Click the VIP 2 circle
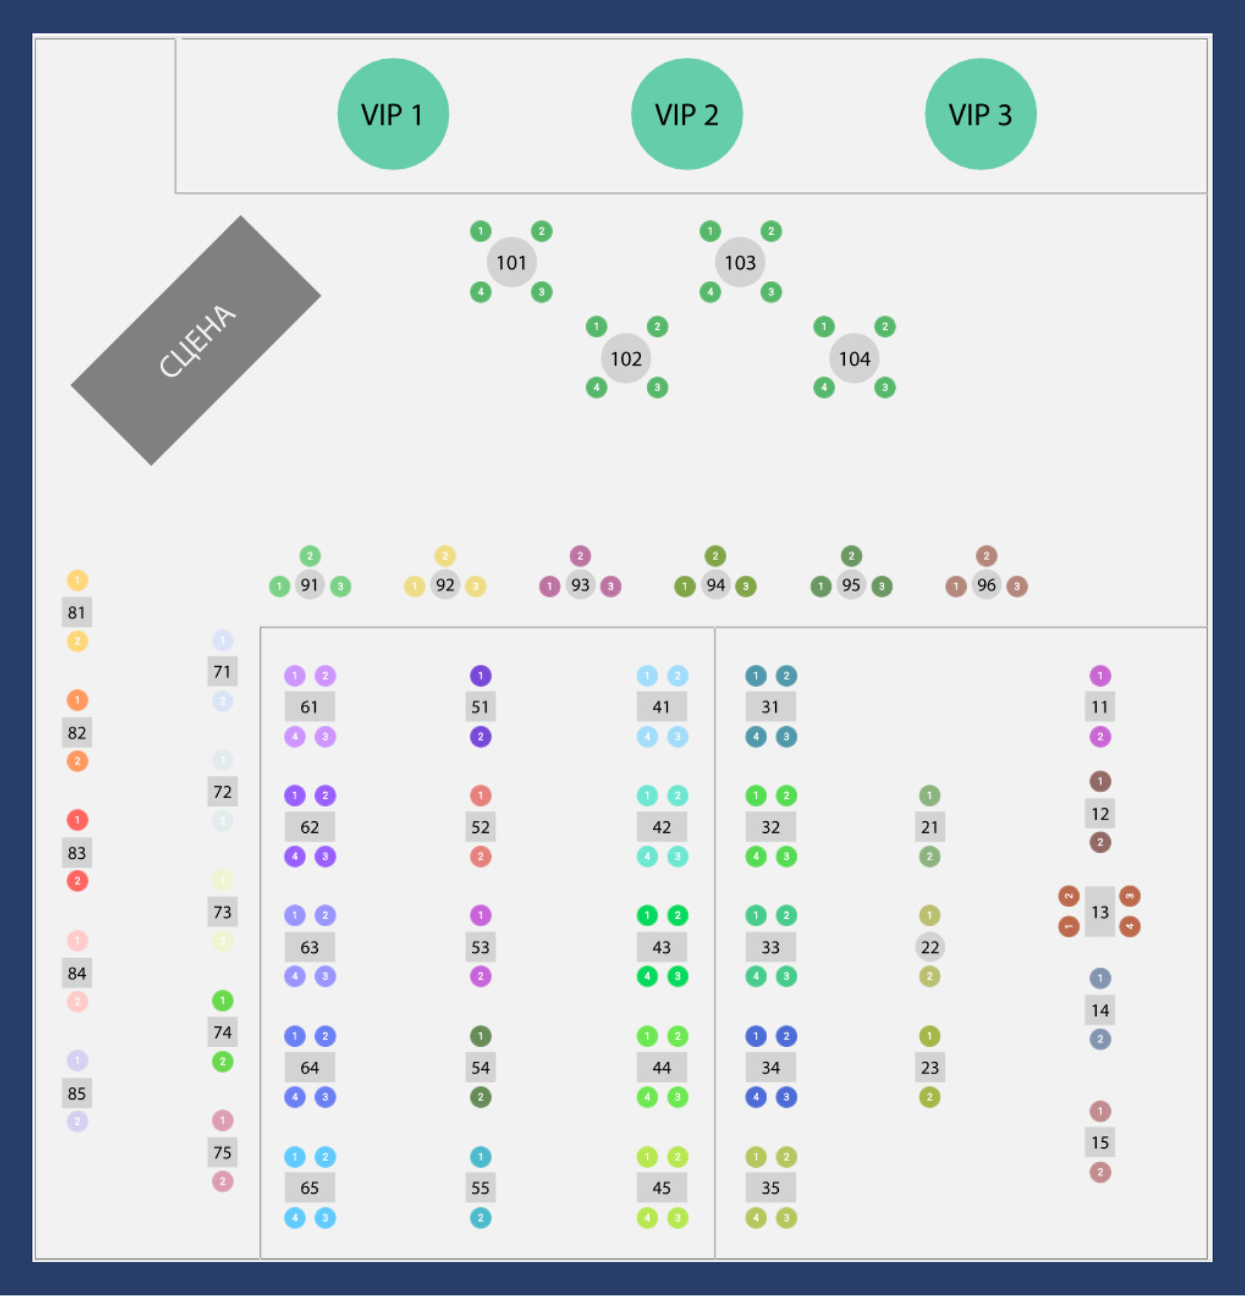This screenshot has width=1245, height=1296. [x=686, y=114]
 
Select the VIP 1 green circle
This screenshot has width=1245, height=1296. [x=393, y=114]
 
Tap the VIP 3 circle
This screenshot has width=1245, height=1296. [x=980, y=114]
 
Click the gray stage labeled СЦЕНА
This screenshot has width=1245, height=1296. [x=196, y=340]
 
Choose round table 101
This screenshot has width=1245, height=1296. [x=511, y=262]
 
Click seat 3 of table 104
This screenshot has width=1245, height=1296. [x=884, y=388]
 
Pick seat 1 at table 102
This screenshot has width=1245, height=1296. [x=596, y=327]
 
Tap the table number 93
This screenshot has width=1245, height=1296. [x=580, y=585]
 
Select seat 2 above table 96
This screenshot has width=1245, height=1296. [x=986, y=556]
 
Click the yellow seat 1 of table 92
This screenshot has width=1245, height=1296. [x=414, y=587]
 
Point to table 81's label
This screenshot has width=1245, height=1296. [x=76, y=613]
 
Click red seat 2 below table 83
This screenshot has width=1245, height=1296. [x=77, y=881]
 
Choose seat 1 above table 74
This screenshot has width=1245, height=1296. [x=222, y=1001]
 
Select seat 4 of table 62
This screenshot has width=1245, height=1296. [x=295, y=857]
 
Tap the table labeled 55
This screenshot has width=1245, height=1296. [x=480, y=1188]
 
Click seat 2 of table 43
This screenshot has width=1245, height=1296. [x=677, y=916]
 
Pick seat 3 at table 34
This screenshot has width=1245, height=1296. [x=786, y=1097]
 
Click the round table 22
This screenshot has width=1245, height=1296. [x=929, y=947]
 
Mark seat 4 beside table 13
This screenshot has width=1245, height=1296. [x=1129, y=926]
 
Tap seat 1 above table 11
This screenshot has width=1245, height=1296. [x=1100, y=676]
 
